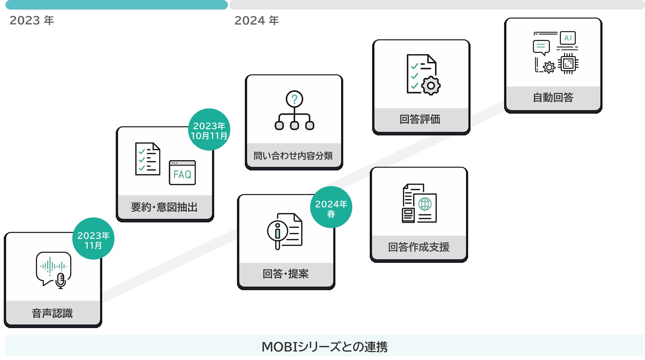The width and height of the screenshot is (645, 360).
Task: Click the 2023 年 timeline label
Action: coord(32,20)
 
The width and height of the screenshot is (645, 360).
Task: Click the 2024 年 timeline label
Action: coord(257,20)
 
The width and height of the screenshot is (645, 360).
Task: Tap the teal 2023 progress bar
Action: coord(116,5)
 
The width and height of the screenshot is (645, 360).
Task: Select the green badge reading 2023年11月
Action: coord(93,239)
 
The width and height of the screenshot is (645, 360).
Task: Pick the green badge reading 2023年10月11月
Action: coord(209,130)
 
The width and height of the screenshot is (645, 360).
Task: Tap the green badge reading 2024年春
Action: coord(331,207)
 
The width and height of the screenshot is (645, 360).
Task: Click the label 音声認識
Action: coord(52,313)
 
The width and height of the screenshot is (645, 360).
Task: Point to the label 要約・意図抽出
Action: coord(164,207)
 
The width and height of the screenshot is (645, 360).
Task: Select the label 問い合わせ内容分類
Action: coord(293,156)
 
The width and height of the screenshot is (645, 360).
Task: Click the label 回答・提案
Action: coord(286,274)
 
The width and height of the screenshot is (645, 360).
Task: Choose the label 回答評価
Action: coord(420,119)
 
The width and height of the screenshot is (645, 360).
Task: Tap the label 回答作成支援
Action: coord(419,247)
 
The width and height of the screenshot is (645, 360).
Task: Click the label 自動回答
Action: coord(553,98)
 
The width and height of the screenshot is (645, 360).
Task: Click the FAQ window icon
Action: coord(182,173)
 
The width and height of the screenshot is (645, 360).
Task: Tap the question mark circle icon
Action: coord(294,99)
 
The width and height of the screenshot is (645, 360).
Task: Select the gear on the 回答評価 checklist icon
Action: coord(431,86)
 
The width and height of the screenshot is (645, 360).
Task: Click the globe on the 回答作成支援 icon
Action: coord(425,204)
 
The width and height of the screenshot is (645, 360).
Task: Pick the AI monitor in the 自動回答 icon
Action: coord(568,38)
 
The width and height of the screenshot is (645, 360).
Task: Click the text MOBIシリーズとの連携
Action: coord(324,347)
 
